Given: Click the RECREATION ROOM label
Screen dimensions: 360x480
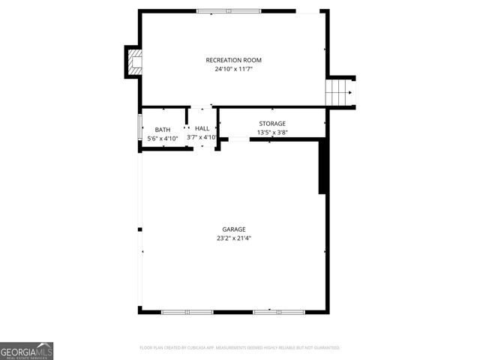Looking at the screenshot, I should (x=234, y=60).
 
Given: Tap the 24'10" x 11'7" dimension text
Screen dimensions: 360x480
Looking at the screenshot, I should (x=234, y=69).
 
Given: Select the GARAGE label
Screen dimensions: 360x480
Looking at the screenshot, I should (x=234, y=229).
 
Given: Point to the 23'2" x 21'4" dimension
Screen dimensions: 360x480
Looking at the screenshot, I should (x=234, y=238).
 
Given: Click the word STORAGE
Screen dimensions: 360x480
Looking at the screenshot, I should (x=272, y=124).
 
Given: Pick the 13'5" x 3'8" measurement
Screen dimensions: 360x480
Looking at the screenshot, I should (x=272, y=133).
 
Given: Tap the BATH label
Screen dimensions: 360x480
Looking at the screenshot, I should (x=163, y=130).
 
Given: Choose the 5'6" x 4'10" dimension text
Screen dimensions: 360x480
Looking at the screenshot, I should (x=163, y=138).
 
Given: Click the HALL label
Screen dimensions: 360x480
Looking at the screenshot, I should (x=202, y=129).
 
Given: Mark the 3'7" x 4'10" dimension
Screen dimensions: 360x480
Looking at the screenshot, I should (x=202, y=137).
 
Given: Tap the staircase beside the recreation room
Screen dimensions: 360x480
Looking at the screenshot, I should (x=339, y=92).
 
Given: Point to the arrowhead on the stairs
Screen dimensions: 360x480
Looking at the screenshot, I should (x=351, y=92).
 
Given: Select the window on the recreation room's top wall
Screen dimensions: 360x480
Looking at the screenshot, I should (x=229, y=11).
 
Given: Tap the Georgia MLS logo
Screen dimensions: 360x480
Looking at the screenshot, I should (x=27, y=351).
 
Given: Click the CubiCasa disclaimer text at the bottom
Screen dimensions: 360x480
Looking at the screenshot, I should (x=240, y=348).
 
